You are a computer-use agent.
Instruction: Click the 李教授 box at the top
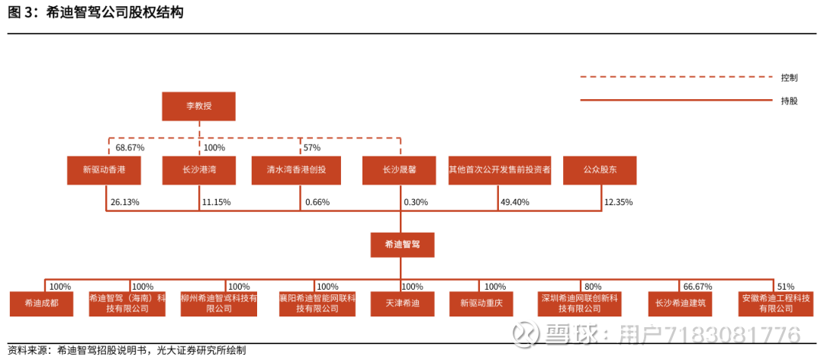pos(198,106)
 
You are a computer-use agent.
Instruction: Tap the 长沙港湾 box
pos(198,170)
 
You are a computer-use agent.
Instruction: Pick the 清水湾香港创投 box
pos(299,170)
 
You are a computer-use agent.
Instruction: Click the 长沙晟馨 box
pos(400,170)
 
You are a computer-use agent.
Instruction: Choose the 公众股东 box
pos(600,170)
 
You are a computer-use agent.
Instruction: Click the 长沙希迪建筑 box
pos(681,304)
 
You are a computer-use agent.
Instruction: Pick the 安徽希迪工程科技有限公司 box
pos(774,304)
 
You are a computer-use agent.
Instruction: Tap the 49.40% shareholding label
pos(515,202)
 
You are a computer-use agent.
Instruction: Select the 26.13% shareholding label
pos(124,202)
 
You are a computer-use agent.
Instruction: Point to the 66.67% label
pos(697,287)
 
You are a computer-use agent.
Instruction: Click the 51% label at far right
pos(786,287)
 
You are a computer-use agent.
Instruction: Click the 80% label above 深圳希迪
pos(592,287)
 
